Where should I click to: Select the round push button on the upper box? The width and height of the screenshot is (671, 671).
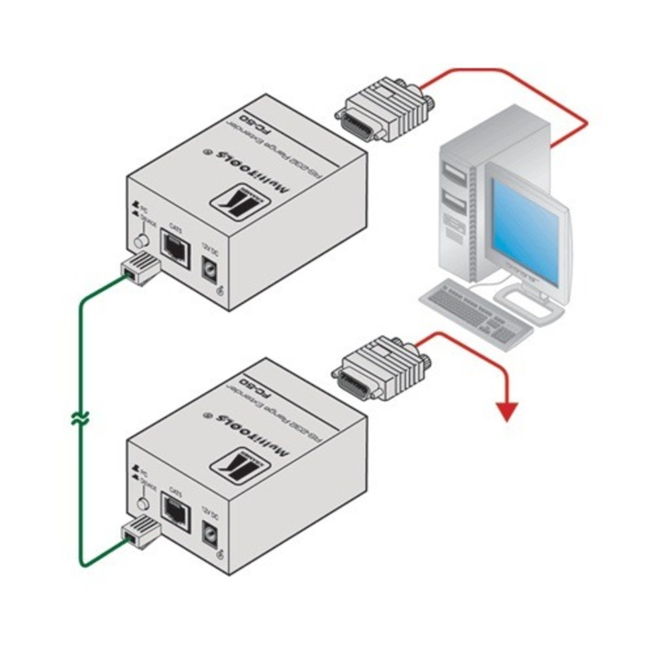141,241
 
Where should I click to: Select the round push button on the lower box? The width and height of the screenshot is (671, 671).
141,504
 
